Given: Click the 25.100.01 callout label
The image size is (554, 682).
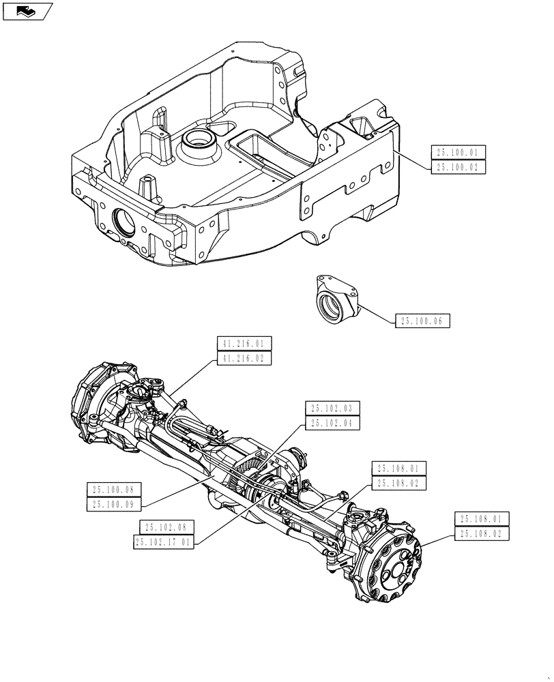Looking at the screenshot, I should [x=458, y=153].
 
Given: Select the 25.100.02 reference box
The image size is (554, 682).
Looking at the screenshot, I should [x=458, y=166].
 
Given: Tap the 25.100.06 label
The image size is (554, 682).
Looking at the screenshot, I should [x=422, y=321].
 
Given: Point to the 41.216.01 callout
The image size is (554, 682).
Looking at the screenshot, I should [x=244, y=343].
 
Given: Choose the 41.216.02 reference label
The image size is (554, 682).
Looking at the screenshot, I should [x=244, y=357].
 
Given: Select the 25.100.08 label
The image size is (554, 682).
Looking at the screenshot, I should [x=114, y=489].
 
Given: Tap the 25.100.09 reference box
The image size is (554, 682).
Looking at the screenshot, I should [x=114, y=504].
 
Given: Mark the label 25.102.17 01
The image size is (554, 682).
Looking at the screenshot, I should [x=164, y=542].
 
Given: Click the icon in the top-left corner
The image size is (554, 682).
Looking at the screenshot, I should [x=27, y=10].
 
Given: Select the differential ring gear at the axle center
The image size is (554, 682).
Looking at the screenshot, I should [x=245, y=478].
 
